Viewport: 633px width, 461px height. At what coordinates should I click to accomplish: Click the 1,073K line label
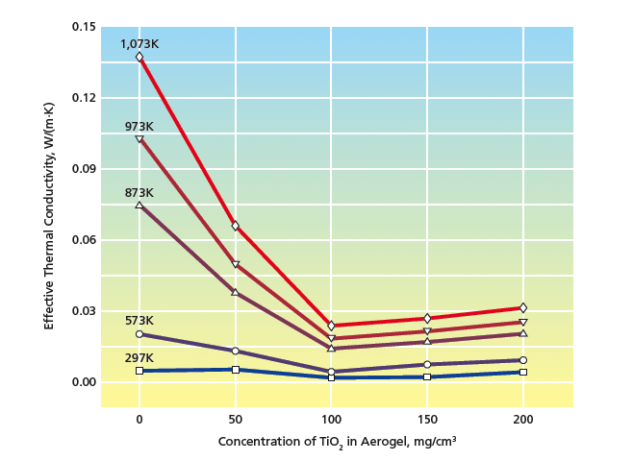click(x=139, y=43)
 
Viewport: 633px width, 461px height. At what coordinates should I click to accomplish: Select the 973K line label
click(x=139, y=126)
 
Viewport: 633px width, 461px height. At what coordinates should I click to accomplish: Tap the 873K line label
click(x=139, y=193)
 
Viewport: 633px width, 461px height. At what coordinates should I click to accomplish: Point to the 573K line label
click(x=139, y=321)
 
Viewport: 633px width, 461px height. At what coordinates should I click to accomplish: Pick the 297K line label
click(x=139, y=357)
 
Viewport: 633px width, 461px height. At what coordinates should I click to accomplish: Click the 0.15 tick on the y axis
click(x=83, y=26)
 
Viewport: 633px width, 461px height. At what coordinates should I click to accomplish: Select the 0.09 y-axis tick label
click(x=83, y=168)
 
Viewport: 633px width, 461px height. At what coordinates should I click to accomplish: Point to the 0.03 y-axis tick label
click(x=83, y=311)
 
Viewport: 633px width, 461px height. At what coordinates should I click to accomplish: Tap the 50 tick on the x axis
click(x=236, y=420)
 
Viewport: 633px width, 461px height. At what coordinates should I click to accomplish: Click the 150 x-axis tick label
click(x=427, y=420)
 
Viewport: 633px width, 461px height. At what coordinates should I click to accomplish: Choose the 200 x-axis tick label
click(x=522, y=420)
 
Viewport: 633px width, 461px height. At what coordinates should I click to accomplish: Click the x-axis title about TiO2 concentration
click(x=337, y=442)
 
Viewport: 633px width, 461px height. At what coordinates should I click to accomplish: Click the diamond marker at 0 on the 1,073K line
click(x=139, y=57)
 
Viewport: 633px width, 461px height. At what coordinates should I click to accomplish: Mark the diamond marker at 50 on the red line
click(x=236, y=226)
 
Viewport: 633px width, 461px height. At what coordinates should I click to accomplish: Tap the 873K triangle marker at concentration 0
click(x=139, y=205)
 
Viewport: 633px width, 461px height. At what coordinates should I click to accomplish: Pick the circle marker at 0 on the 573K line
click(x=139, y=334)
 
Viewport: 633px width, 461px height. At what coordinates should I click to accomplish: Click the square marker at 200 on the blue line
click(x=522, y=372)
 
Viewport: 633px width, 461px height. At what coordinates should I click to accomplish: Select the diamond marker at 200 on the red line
click(x=522, y=307)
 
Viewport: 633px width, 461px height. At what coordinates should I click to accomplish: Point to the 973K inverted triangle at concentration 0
click(x=139, y=139)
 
